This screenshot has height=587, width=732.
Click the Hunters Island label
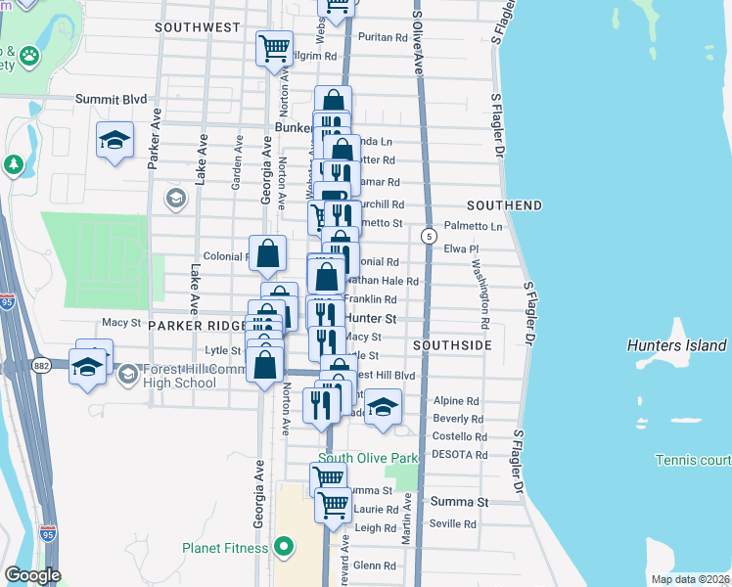676,345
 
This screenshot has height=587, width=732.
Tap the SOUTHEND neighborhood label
504,205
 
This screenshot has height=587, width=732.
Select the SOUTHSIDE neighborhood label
451,345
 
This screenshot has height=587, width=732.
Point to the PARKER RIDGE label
195,325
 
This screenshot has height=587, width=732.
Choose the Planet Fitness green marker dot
285,547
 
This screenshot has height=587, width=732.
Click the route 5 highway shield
429,236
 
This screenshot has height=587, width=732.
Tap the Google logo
32,575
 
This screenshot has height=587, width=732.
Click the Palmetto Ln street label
473,227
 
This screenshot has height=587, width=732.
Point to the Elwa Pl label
459,249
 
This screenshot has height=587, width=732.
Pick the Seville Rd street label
451,524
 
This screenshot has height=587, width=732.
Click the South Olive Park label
367,458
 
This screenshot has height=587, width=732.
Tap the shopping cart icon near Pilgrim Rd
275,47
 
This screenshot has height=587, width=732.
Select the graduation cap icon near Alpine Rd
383,404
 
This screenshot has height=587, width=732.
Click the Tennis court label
694,460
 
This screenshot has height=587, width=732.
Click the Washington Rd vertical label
480,293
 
